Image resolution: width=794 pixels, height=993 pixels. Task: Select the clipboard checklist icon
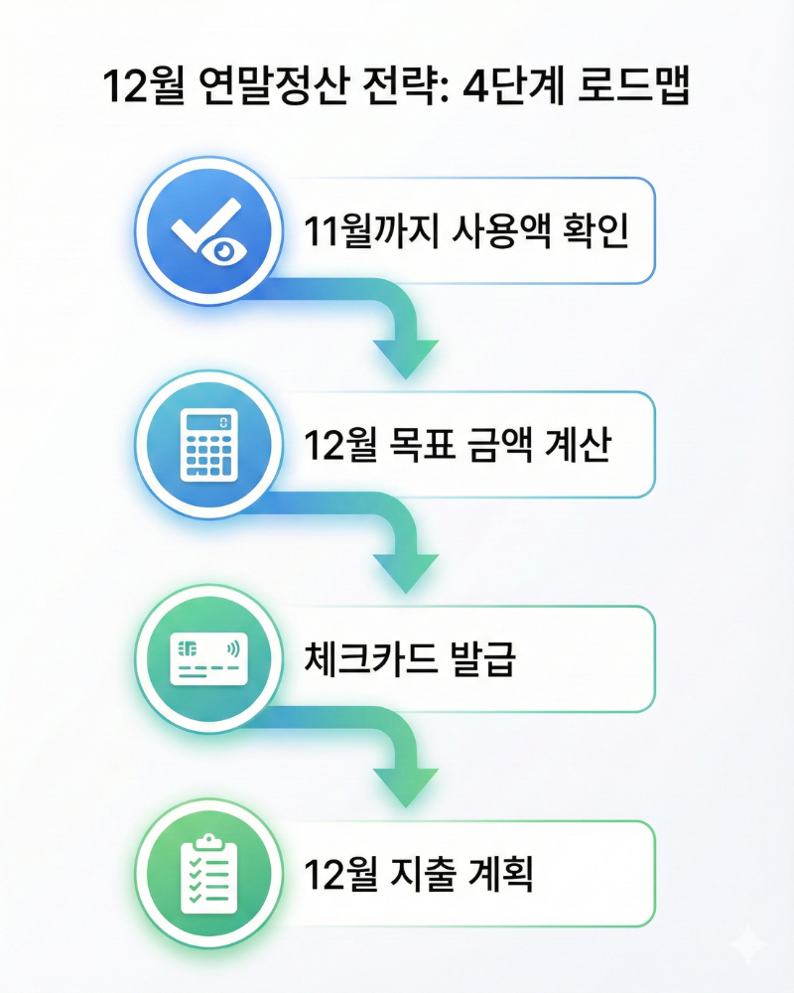(204, 873)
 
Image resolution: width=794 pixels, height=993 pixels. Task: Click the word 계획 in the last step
(509, 875)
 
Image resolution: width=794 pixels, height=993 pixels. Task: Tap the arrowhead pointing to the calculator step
(406, 357)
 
